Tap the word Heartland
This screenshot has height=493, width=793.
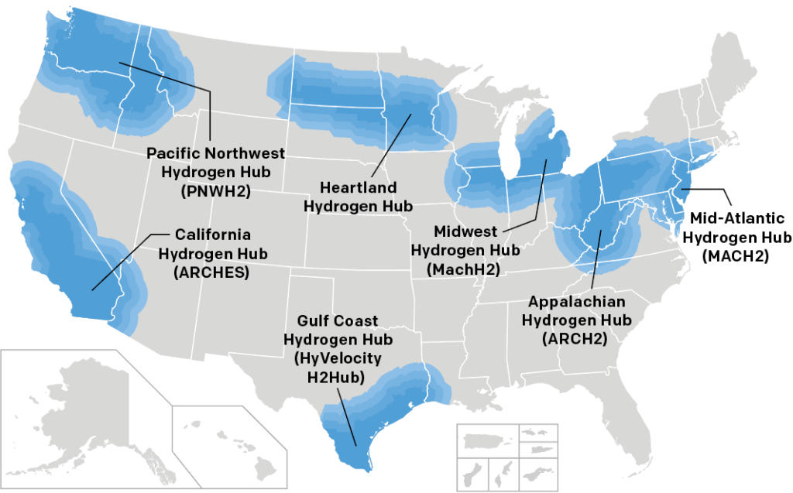click(358, 188)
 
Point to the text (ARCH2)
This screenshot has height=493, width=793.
click(577, 337)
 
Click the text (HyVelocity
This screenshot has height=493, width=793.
click(338, 358)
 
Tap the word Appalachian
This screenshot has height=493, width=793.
click(577, 301)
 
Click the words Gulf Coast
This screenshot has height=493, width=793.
click(338, 321)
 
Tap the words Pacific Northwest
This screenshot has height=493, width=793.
click(216, 152)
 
